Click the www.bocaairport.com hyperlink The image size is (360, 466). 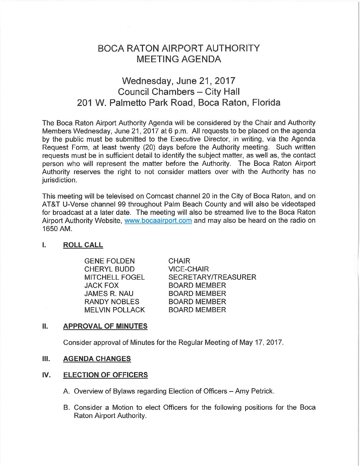[158, 221]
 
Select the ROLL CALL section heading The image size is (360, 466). [83, 245]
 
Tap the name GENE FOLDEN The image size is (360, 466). [110, 261]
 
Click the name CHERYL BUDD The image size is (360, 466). [110, 269]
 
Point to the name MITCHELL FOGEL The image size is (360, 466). [114, 277]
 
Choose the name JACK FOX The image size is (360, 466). [101, 285]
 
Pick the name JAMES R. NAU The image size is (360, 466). [109, 294]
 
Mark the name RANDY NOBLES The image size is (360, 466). [112, 302]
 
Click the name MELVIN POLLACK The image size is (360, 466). [114, 310]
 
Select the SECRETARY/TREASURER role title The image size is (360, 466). [212, 277]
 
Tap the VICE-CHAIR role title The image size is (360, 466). [189, 269]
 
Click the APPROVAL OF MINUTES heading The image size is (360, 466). [105, 326]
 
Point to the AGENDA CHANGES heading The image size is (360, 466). [97, 359]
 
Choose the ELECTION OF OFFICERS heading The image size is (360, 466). [106, 375]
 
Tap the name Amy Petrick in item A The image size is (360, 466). [254, 391]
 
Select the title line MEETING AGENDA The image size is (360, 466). [179, 59]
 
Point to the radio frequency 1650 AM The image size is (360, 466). [57, 229]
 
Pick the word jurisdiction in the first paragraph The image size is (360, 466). [60, 180]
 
